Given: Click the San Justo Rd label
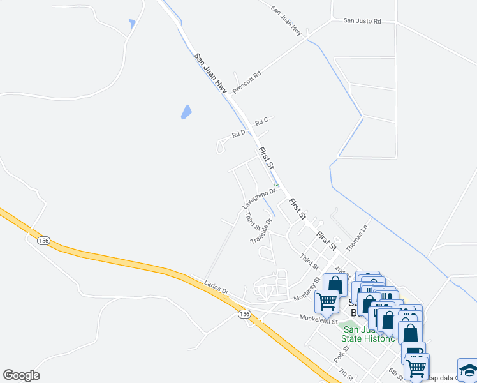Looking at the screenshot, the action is tap(362, 21).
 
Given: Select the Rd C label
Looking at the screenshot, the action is tap(261, 121).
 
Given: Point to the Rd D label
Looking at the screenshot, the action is tap(238, 133).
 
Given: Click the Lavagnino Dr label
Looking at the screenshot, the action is tap(259, 199).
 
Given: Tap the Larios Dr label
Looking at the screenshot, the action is tap(216, 288).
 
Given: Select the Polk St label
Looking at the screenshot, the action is tap(342, 354).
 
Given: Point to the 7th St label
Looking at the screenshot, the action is tap(346, 372).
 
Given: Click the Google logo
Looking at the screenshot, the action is tap(21, 375).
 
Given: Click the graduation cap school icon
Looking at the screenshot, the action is tap(467, 370).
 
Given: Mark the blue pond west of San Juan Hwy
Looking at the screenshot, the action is tap(186, 112).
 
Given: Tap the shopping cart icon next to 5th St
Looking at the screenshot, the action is tap(416, 367).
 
